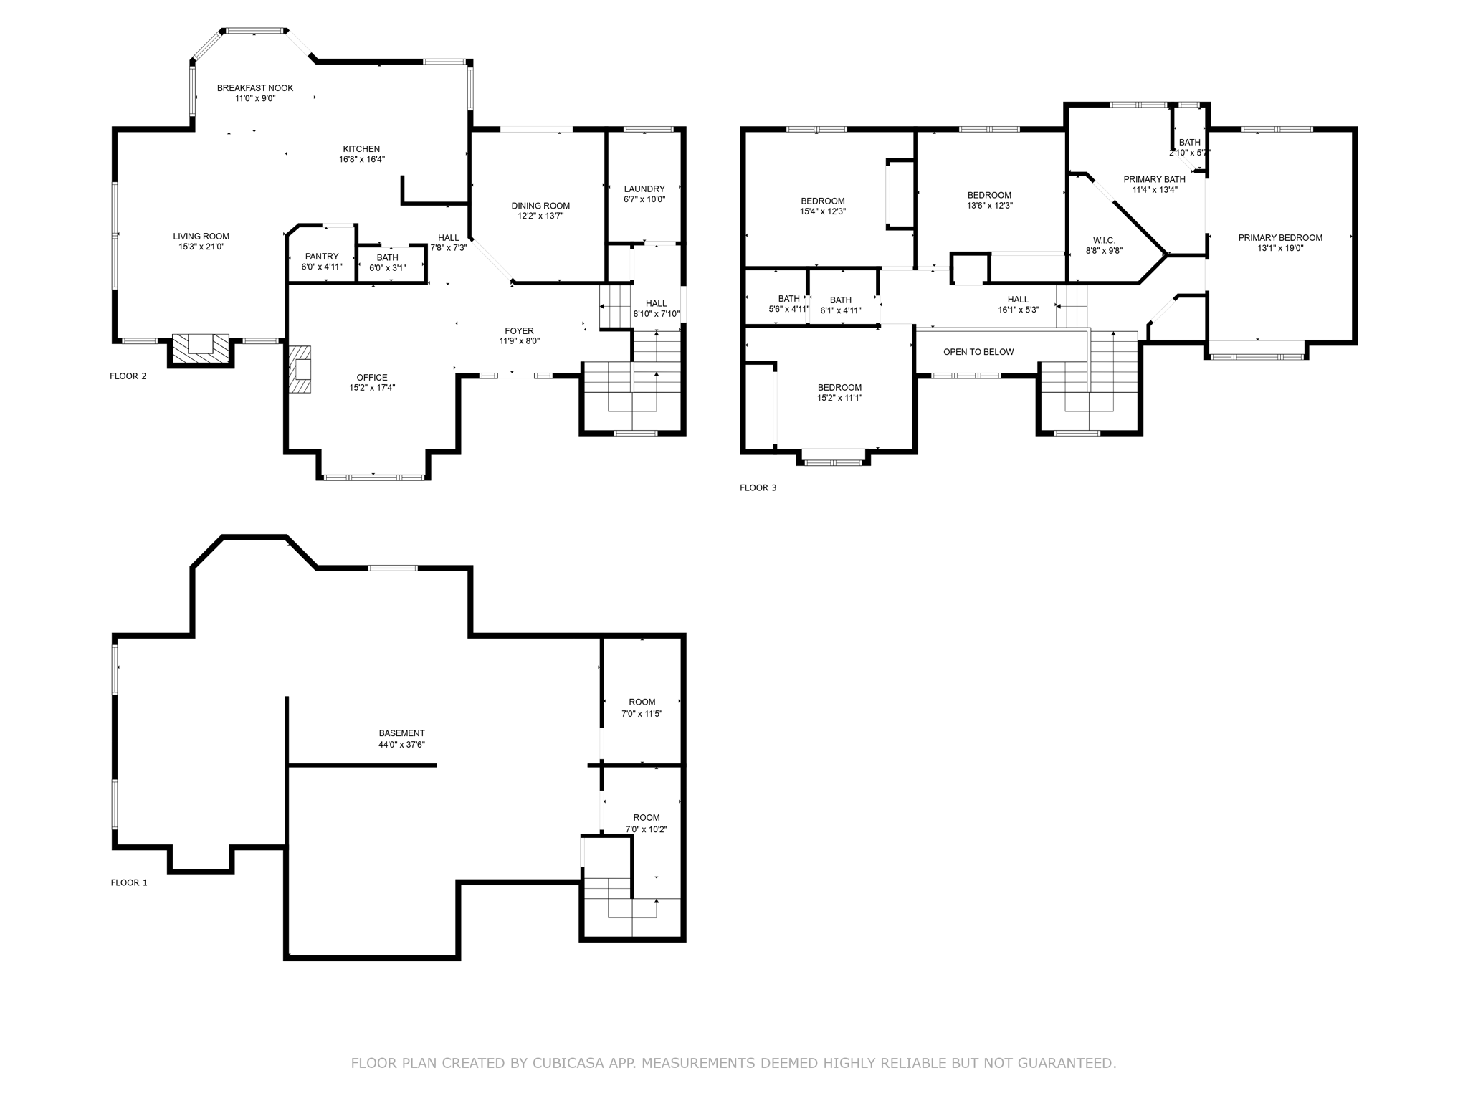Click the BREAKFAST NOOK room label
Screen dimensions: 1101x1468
255,87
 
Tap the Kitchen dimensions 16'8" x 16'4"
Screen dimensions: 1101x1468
362,159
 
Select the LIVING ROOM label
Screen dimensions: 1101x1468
201,236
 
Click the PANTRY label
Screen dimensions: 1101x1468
322,256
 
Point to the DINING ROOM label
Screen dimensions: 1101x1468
540,206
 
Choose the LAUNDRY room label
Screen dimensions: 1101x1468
644,189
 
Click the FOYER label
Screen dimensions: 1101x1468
519,330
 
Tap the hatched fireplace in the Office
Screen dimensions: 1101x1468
301,369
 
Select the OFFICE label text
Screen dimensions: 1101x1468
372,377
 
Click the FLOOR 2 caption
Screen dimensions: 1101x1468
128,376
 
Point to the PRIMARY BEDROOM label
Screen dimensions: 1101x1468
1280,237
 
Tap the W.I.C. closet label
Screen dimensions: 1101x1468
1104,240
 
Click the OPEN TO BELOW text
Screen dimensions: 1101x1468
978,351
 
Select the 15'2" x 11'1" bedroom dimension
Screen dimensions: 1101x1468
839,398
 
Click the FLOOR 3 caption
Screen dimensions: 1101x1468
758,487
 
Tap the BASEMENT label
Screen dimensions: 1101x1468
401,733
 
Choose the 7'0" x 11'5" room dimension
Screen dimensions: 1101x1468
642,713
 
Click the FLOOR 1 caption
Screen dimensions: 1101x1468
129,882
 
